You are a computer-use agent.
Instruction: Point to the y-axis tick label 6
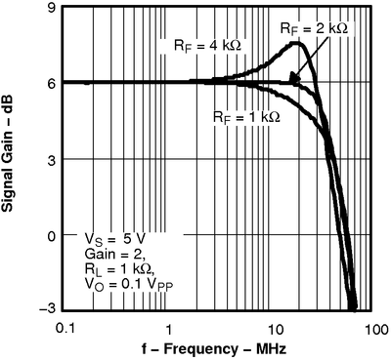click(49, 83)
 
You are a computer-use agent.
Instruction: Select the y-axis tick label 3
click(49, 159)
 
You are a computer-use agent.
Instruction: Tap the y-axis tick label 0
click(49, 235)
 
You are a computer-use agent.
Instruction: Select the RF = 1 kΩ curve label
click(246, 116)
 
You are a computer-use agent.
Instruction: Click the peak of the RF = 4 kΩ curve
click(298, 43)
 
